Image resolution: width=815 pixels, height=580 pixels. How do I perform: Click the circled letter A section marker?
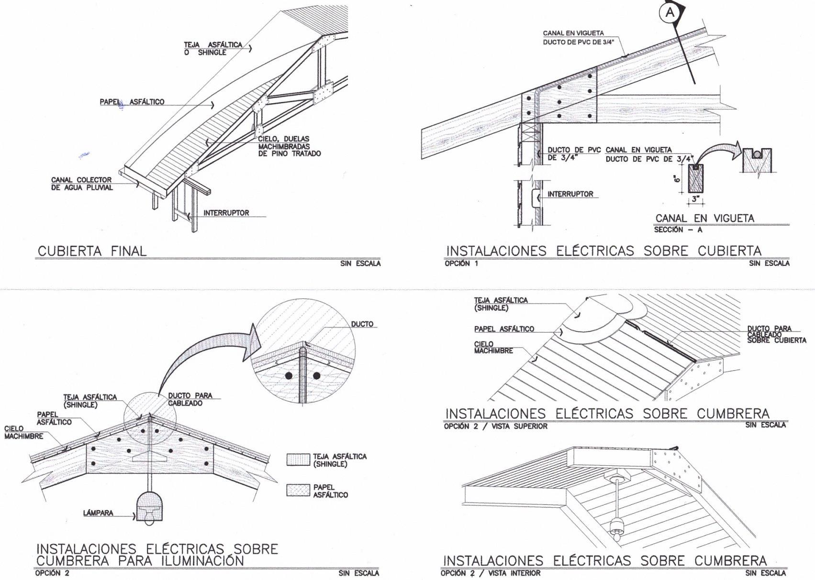pos(670,13)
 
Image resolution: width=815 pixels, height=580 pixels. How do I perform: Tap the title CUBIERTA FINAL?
pos(92,251)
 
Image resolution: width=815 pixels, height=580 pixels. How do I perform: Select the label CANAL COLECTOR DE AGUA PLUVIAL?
pos(82,184)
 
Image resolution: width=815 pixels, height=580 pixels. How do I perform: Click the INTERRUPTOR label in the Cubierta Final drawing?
pos(226,213)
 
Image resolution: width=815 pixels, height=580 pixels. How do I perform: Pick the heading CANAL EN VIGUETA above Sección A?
pos(704,218)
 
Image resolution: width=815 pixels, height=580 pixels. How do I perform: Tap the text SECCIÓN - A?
pos(678,230)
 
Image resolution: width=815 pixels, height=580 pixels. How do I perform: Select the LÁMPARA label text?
pos(98,513)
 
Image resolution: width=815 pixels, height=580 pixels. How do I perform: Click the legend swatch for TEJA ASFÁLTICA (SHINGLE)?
pos(298,460)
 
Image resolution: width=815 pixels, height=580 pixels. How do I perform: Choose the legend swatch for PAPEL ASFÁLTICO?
pos(298,490)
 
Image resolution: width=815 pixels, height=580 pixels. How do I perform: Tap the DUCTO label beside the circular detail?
pos(362,324)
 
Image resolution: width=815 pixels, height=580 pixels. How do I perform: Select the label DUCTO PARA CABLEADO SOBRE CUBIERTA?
pos(776,334)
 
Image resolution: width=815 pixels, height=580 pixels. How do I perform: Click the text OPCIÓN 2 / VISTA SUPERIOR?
pos(495,426)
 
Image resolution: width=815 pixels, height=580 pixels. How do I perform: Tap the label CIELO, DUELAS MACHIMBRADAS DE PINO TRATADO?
pos(289,146)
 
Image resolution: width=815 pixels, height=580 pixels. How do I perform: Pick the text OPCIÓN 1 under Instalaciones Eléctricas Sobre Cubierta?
pos(461,263)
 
